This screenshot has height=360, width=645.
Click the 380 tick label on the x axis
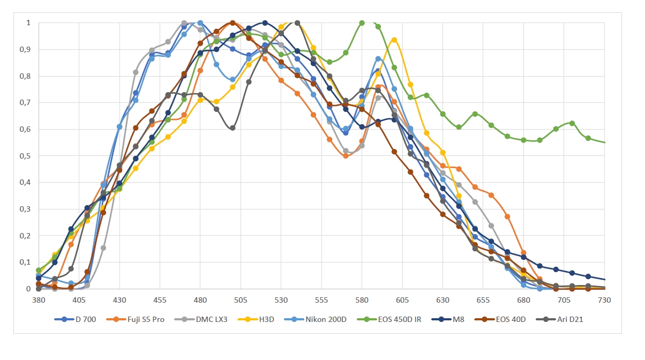(39, 300)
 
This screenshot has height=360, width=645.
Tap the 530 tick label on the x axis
(281, 300)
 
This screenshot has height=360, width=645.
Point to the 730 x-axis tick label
(605, 300)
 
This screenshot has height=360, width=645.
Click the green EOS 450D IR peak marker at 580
(362, 23)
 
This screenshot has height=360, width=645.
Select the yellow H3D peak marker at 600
(394, 40)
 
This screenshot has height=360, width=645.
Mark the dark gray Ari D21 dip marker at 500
(232, 128)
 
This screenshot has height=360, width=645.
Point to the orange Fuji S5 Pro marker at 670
(507, 216)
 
